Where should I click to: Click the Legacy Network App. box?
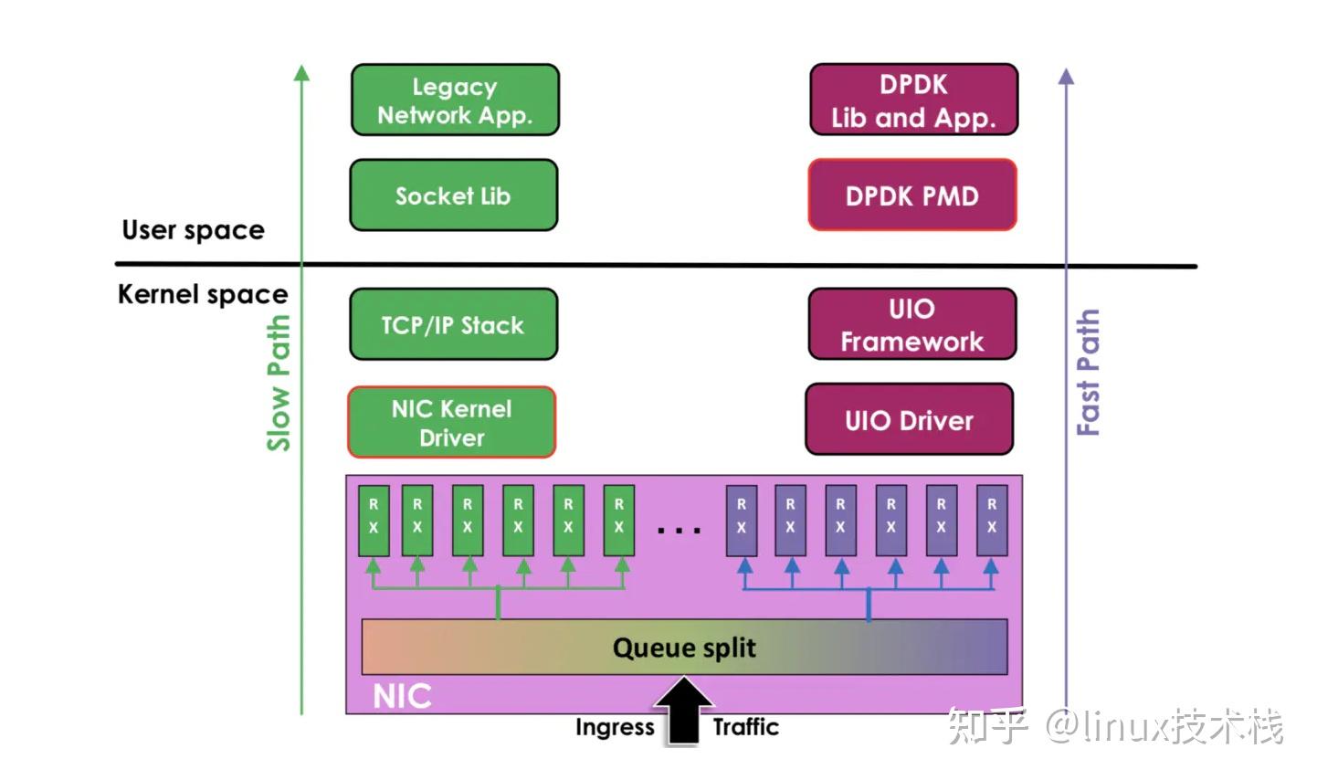click(455, 100)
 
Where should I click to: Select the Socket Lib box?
click(453, 195)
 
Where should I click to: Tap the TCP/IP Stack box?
click(453, 325)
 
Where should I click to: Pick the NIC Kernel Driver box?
click(451, 423)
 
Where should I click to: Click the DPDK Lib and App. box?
click(913, 100)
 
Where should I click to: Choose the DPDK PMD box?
click(911, 195)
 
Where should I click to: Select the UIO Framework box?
click(911, 325)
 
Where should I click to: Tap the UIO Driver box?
click(909, 420)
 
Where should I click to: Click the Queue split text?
click(684, 648)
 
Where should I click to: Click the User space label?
click(193, 230)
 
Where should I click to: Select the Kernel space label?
click(203, 294)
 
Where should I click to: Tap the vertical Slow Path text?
click(279, 383)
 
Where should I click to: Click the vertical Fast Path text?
click(1088, 373)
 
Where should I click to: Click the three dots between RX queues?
click(679, 530)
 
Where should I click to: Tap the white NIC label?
click(402, 696)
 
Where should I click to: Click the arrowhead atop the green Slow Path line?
click(301, 73)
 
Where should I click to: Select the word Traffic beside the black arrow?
click(745, 727)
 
